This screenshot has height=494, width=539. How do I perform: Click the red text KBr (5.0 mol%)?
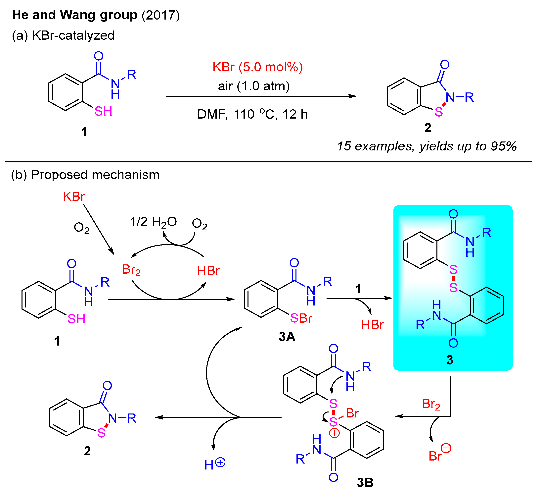(x=257, y=67)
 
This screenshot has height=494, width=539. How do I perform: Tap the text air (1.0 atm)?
(x=254, y=86)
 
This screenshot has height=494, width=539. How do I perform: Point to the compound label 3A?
(x=287, y=337)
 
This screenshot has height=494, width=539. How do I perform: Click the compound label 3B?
(x=365, y=482)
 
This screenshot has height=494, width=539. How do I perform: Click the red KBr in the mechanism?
(x=74, y=197)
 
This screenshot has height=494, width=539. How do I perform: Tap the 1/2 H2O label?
(x=153, y=222)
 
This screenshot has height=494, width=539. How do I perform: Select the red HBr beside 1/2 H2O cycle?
(x=208, y=271)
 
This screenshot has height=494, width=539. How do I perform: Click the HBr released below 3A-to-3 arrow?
(x=372, y=325)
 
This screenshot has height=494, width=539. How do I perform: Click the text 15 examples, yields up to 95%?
(x=427, y=146)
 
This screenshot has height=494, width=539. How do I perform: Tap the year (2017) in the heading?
(x=161, y=15)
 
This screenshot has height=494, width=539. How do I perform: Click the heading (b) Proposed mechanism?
(x=85, y=175)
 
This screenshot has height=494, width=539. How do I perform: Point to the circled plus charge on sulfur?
(x=334, y=433)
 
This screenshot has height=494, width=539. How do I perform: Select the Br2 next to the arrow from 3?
(x=431, y=404)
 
